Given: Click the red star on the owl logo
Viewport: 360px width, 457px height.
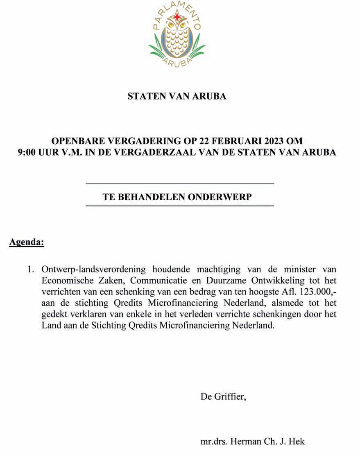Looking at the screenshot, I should pyautogui.click(x=177, y=17).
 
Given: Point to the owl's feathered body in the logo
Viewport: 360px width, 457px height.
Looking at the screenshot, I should pyautogui.click(x=177, y=41).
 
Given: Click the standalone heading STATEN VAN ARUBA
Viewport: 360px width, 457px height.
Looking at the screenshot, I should pyautogui.click(x=177, y=96).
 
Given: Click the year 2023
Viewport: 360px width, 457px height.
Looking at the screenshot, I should pyautogui.click(x=274, y=141).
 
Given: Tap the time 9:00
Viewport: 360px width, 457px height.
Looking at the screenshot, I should pyautogui.click(x=28, y=152).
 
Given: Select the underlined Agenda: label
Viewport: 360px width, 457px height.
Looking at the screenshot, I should pyautogui.click(x=27, y=242).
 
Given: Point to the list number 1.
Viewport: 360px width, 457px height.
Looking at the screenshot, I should pyautogui.click(x=30, y=269).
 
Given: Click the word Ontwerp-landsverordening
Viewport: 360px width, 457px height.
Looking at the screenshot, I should pyautogui.click(x=93, y=269).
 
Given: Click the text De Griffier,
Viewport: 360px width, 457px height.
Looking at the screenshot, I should pyautogui.click(x=223, y=396).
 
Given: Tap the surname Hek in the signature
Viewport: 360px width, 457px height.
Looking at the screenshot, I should pyautogui.click(x=297, y=442).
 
